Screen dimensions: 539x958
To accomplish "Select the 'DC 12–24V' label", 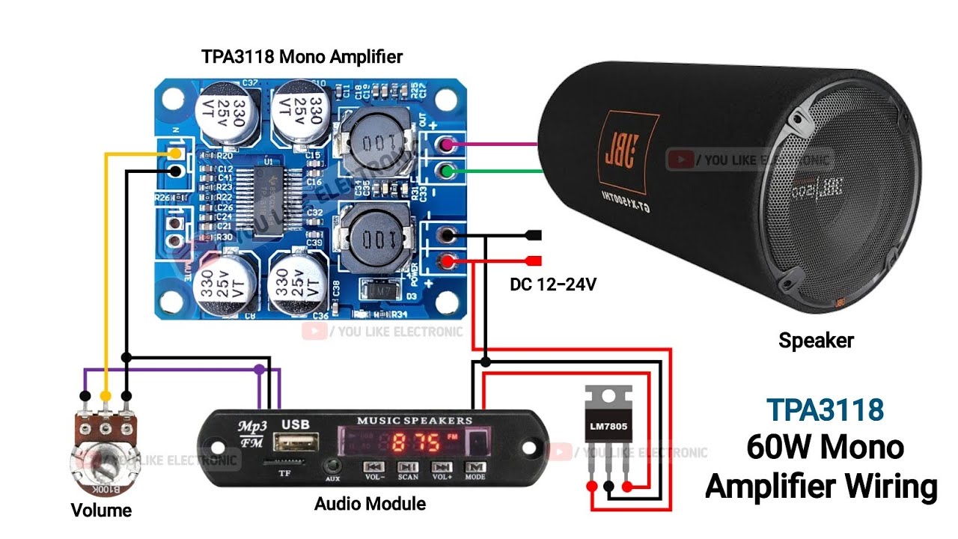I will (x=553, y=284).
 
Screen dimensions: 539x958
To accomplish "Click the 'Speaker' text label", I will (x=816, y=341).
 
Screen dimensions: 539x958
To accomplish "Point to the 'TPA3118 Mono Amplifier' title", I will (x=302, y=57).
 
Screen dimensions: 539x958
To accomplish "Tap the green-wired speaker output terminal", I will (x=448, y=171).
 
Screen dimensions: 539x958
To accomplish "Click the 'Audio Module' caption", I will (x=370, y=504).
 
